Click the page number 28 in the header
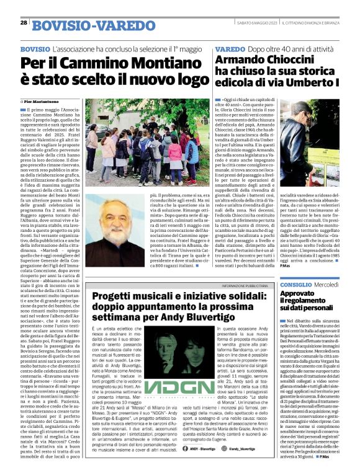point(23,22)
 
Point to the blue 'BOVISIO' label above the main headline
point(35,48)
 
